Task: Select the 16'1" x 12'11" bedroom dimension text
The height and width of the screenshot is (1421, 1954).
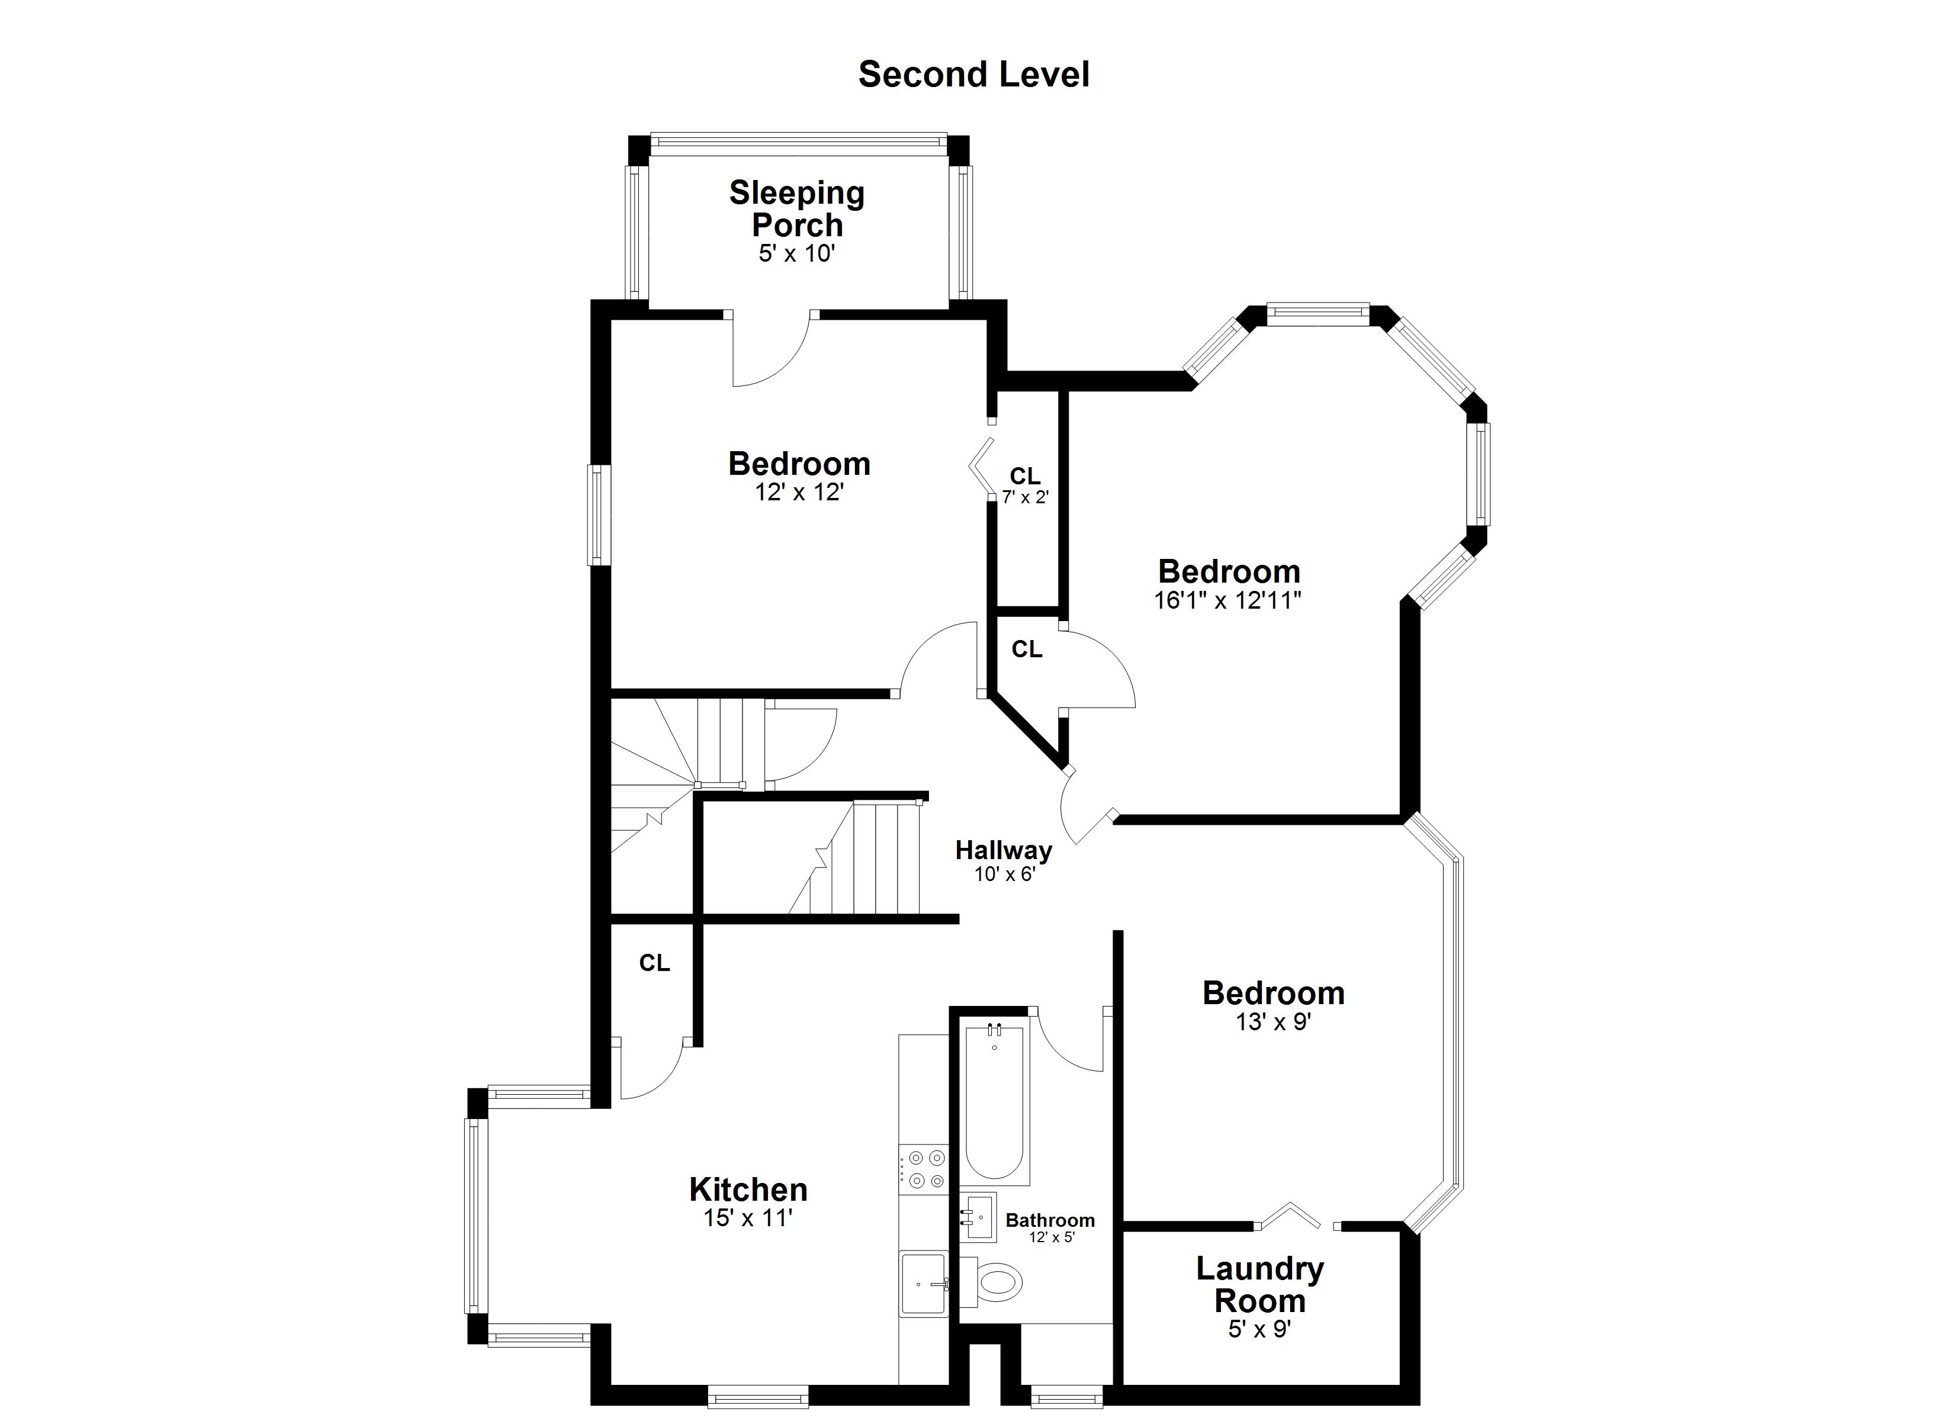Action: (x=1227, y=600)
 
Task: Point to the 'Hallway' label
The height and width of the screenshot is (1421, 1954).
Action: (x=1004, y=851)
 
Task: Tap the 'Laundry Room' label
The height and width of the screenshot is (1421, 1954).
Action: (x=1259, y=1284)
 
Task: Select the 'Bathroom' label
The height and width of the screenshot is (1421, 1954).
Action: (x=1050, y=1220)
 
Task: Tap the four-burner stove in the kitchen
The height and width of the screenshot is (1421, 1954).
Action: (x=924, y=1169)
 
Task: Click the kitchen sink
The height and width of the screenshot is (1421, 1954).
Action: (x=924, y=1284)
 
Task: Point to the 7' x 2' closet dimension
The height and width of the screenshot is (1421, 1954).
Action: (x=1025, y=497)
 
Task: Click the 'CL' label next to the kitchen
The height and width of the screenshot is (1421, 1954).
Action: (x=655, y=963)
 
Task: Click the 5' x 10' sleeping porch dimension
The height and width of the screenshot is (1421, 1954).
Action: (x=797, y=253)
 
